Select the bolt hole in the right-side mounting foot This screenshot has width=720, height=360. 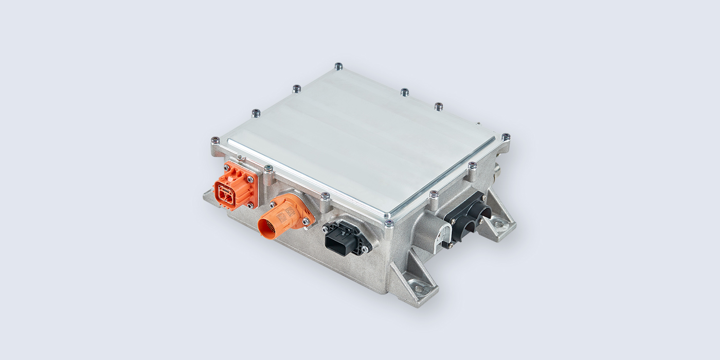[499, 225]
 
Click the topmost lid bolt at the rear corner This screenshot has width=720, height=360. [338, 66]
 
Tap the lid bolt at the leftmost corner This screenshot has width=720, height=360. [215, 140]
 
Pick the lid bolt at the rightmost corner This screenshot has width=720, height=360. [506, 137]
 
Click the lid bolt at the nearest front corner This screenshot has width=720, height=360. [389, 223]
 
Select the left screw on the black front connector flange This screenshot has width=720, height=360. [326, 226]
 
